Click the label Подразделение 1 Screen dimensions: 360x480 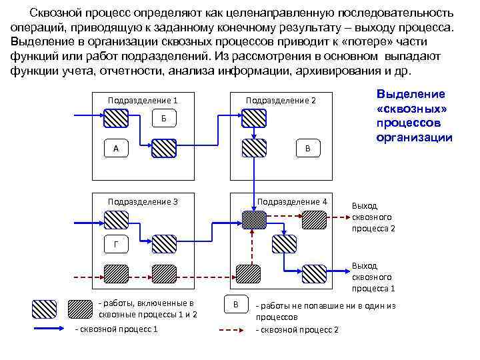143,101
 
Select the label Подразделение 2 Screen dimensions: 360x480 281,101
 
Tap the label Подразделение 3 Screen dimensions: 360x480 143,202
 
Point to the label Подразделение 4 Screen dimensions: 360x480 292,202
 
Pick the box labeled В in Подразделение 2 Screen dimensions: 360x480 307,148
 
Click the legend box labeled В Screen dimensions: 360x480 235,304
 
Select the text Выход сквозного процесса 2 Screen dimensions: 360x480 373,217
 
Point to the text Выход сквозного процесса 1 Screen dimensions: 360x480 373,277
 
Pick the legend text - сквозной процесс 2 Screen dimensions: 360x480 298,329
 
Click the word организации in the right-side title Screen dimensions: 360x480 414,137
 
